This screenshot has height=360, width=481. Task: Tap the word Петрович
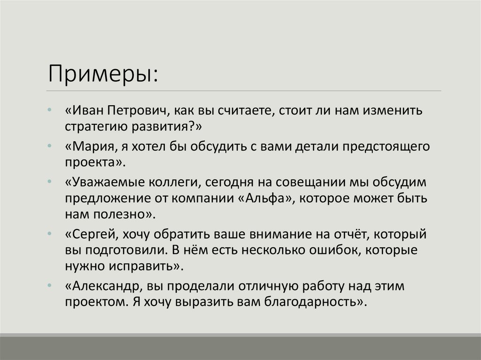tap(137, 111)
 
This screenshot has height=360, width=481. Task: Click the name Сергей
tap(93, 234)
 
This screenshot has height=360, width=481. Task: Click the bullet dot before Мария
tap(50, 146)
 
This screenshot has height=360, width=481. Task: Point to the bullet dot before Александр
tap(50, 285)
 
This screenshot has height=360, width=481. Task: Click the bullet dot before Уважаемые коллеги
tap(50, 182)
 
